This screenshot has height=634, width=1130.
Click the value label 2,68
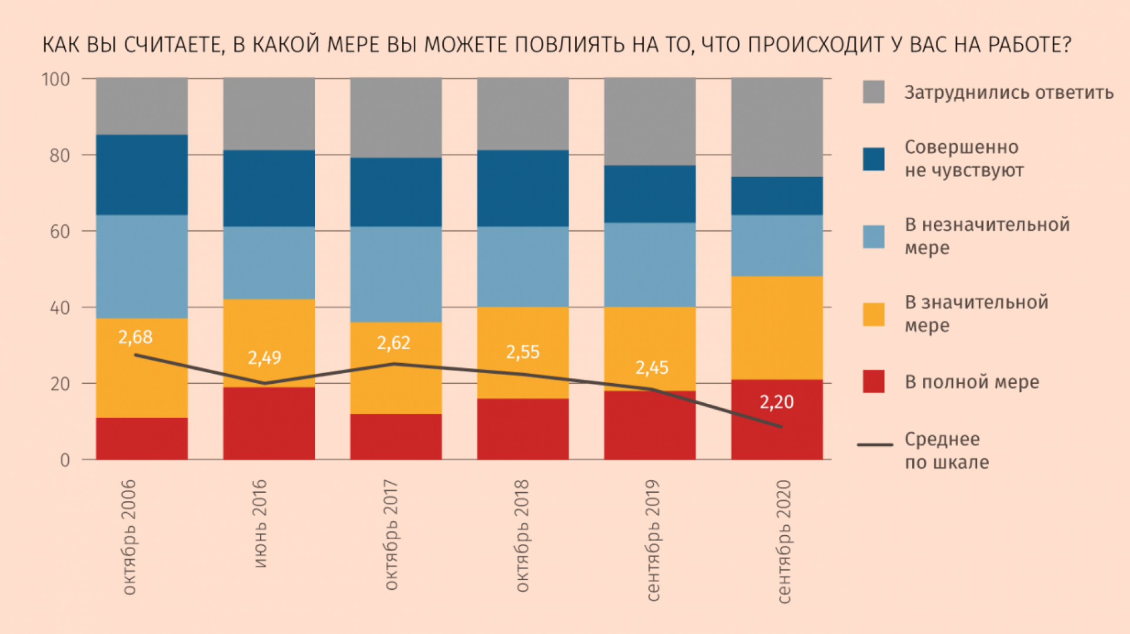135,337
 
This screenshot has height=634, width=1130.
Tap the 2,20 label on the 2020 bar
776,402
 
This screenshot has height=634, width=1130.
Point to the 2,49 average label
264,358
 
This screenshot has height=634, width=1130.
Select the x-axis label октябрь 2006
129,537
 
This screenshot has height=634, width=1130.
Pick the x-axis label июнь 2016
260,523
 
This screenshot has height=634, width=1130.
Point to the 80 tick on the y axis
59,156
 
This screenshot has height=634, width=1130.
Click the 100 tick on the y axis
56,79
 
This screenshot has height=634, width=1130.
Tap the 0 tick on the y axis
65,460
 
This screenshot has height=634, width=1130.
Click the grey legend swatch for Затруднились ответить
873,92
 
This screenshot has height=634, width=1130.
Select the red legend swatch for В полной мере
873,381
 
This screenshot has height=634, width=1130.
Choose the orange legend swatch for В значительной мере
873,314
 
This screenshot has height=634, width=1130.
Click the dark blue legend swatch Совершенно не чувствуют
873,159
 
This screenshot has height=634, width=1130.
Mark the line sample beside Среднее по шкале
875,444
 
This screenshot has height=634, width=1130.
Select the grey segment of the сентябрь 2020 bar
777,127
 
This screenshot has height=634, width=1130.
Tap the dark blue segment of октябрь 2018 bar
523,188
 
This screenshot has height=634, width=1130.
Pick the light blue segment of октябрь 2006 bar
142,266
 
